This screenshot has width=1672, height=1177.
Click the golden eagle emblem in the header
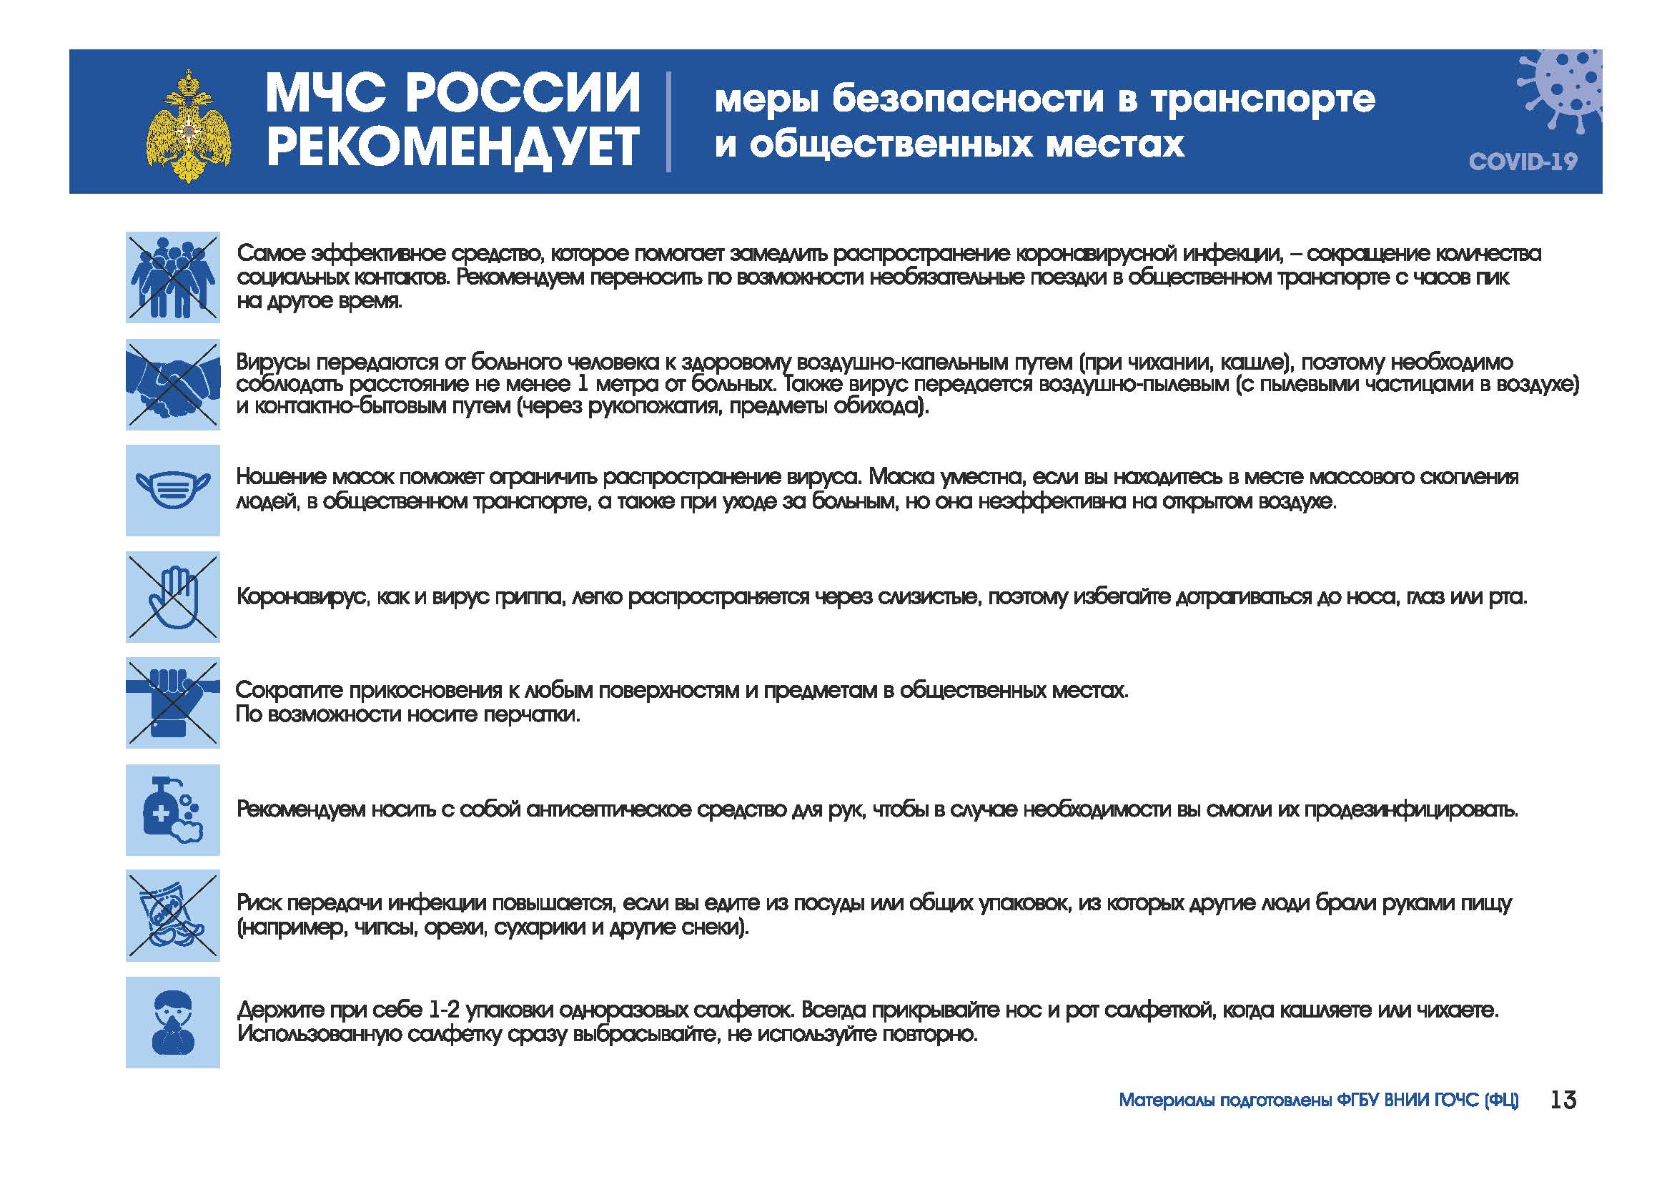(189, 126)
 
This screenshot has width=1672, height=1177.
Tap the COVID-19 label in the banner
(1523, 162)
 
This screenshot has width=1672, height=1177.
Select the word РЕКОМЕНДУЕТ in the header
(453, 146)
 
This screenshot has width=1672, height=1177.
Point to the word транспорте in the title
(1262, 100)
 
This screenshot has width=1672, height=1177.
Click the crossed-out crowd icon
(172, 277)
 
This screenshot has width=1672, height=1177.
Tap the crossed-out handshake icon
(172, 384)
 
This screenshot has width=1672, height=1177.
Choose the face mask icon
(172, 490)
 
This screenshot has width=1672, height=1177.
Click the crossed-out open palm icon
(172, 596)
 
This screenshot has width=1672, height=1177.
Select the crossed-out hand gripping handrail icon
(172, 703)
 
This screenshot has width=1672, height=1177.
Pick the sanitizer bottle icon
(172, 809)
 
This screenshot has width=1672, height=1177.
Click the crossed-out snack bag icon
(172, 915)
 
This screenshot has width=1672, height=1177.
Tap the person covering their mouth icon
(172, 1022)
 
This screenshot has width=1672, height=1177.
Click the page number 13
(1563, 1100)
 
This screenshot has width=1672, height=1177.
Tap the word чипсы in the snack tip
(385, 928)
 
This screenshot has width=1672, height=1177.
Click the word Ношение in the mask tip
(280, 477)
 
